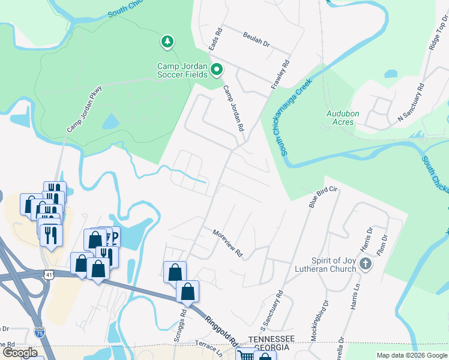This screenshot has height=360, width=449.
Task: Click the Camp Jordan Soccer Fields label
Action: tap(182, 70)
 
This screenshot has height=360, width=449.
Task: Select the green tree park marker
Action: tap(167, 42)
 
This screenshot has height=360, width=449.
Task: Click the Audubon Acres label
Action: tap(342, 117)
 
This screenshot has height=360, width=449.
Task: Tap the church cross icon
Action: tap(366, 263)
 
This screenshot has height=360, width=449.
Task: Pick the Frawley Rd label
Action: tap(280, 74)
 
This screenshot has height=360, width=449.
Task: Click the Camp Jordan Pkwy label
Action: tap(85, 109)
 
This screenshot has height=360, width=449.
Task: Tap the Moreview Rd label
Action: tap(228, 243)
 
